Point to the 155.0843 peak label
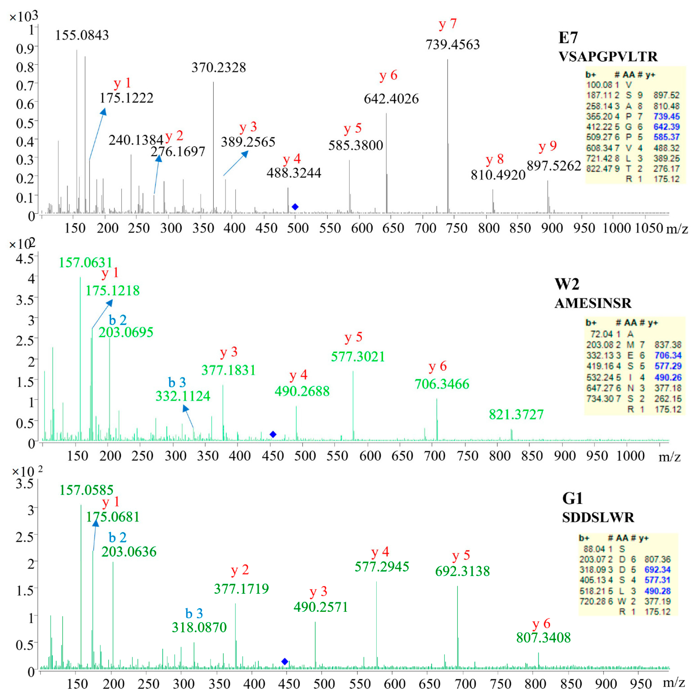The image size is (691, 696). [82, 35]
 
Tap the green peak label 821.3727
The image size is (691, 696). [516, 415]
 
